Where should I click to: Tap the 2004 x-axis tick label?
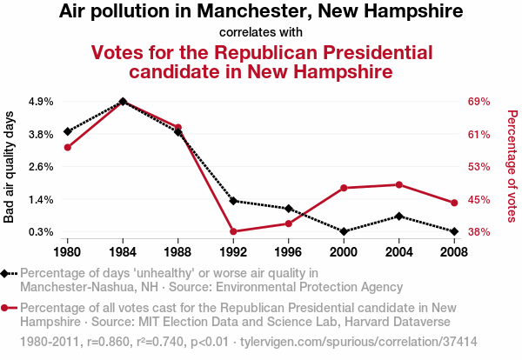[x=398, y=252]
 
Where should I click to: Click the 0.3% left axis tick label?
[x=41, y=232]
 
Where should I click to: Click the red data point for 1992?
[x=233, y=231]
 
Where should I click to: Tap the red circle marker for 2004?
[x=398, y=184]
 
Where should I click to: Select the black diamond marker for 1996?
[x=288, y=209]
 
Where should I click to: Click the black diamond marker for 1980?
[x=68, y=131]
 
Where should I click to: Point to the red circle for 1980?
[x=68, y=147]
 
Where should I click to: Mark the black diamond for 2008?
[x=453, y=231]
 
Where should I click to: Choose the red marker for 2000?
[x=344, y=188]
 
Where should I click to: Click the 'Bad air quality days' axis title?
[x=10, y=166]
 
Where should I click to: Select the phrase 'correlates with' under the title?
[x=261, y=32]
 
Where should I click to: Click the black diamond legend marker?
[x=6, y=273]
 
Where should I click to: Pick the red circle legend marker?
[x=6, y=308]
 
